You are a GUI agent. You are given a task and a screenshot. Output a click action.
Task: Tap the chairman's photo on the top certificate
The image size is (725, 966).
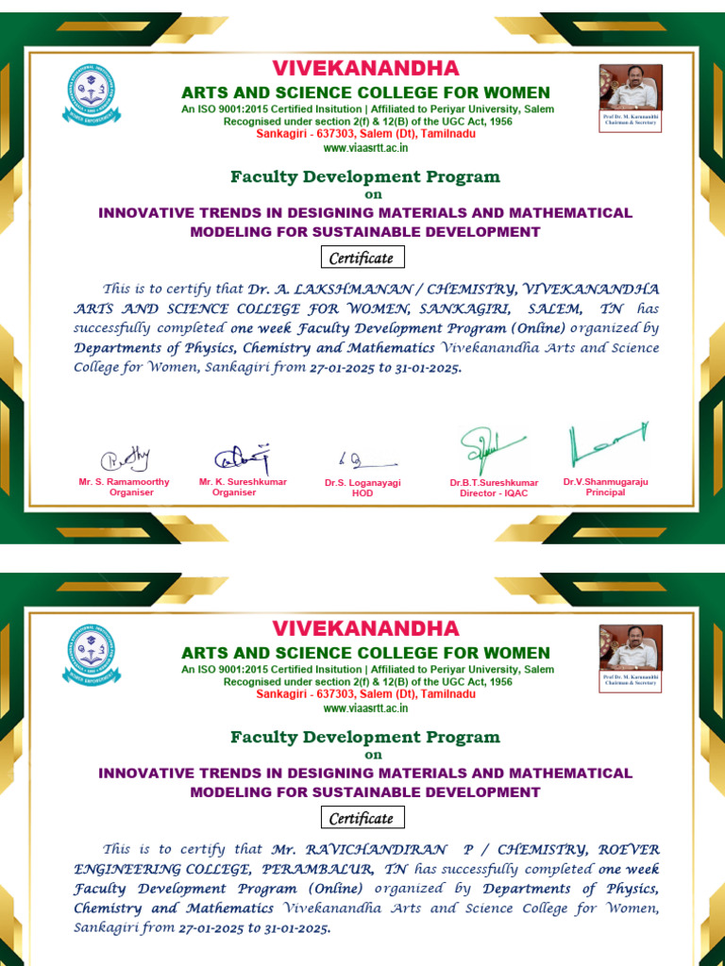(631, 89)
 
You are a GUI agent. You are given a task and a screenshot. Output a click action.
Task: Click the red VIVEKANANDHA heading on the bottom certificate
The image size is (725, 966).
(365, 628)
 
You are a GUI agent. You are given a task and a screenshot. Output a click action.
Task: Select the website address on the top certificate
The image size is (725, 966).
(365, 147)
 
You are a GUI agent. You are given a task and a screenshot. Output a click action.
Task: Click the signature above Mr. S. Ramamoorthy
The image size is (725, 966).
(126, 459)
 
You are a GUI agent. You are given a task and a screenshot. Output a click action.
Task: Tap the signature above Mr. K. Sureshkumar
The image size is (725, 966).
(242, 458)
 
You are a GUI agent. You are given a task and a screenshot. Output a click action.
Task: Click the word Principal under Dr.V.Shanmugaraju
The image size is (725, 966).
(605, 492)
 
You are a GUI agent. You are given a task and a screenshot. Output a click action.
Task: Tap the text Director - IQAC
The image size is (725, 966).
(494, 493)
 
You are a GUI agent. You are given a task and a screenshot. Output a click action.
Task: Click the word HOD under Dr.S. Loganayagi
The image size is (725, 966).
(362, 493)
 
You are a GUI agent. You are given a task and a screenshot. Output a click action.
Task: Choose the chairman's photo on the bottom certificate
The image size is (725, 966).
(631, 649)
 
